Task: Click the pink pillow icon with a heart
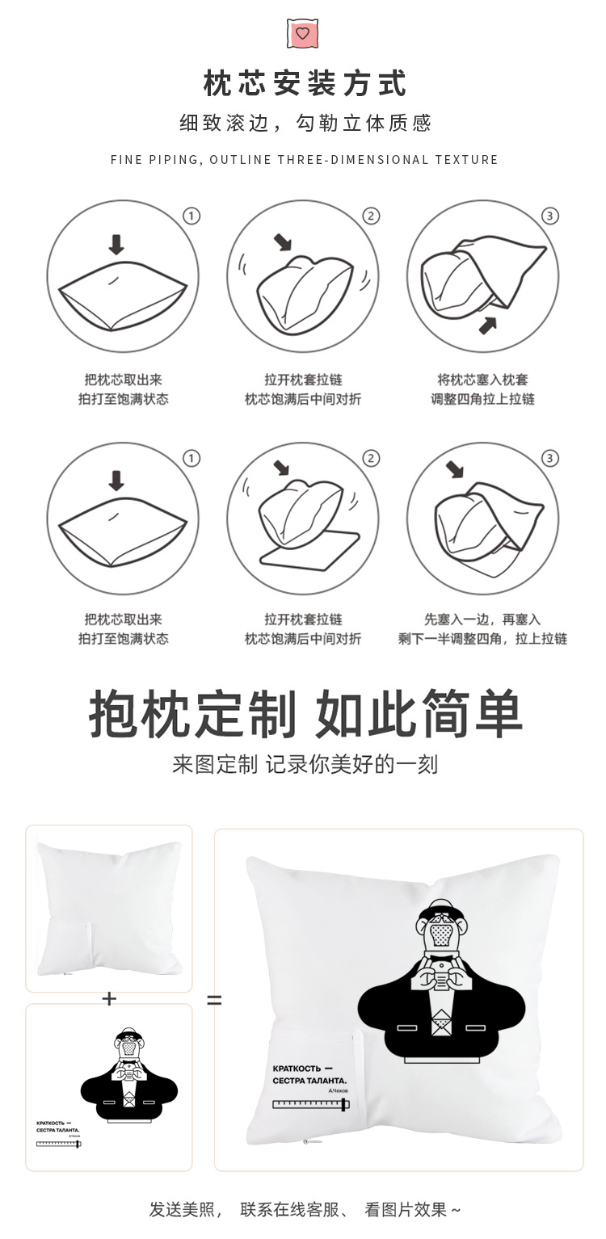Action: click(x=302, y=33)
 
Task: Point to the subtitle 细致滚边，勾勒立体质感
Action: click(x=305, y=123)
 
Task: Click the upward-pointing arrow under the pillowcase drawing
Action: click(x=487, y=325)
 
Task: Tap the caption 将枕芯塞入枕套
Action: click(x=482, y=380)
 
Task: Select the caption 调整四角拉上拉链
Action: click(x=482, y=399)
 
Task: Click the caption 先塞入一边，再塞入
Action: click(x=482, y=619)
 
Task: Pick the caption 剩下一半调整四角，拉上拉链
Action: click(x=482, y=639)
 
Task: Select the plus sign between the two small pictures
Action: click(x=109, y=999)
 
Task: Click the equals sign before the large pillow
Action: click(x=214, y=1000)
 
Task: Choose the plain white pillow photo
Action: click(x=109, y=908)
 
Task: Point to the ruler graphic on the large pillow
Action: click(x=310, y=1104)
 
